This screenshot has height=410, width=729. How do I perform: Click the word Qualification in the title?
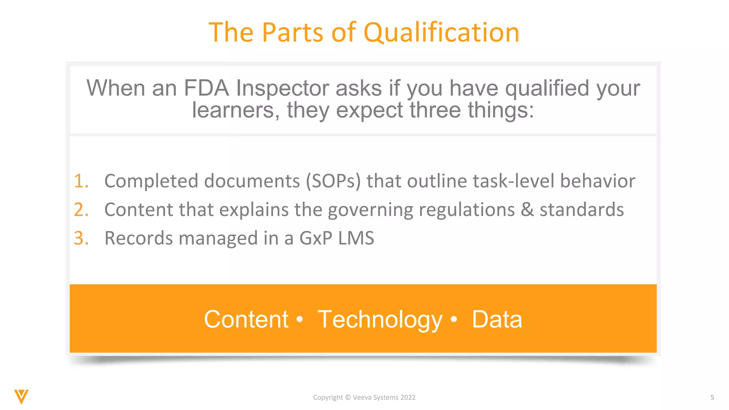[441, 33]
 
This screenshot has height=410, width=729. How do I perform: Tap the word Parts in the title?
[293, 33]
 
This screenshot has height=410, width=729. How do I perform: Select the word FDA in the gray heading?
[206, 88]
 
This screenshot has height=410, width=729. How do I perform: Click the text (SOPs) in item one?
[333, 181]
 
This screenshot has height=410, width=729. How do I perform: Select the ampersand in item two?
[527, 210]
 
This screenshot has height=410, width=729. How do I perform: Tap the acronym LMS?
[356, 238]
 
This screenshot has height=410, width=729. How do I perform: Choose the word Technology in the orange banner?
[380, 319]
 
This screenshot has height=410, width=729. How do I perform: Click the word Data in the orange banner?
[497, 319]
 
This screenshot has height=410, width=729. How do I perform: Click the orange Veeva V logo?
[21, 396]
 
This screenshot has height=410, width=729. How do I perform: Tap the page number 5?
[712, 398]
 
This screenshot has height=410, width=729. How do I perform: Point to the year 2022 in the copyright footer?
[408, 398]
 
